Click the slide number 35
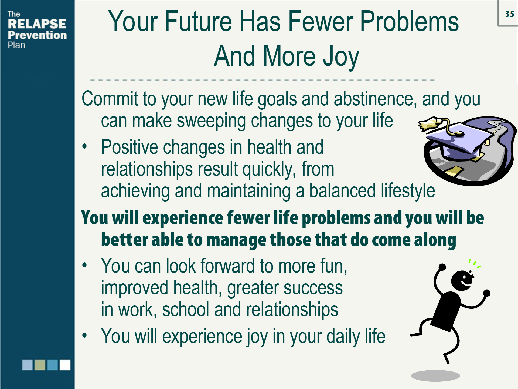coord(509,14)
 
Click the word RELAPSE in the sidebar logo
coord(37,24)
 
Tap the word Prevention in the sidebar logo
coord(37,35)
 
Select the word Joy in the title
coord(341,57)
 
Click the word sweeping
coord(211,121)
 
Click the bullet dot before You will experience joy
coord(85,335)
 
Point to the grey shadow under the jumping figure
coord(435,376)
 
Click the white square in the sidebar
coord(65,365)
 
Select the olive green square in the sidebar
coord(40,365)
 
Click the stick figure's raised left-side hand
coord(442,267)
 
